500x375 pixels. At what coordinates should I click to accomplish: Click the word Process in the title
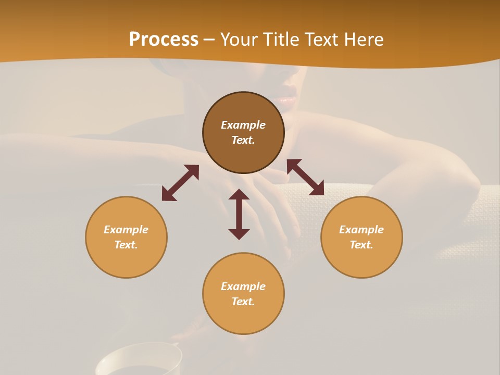[164, 40]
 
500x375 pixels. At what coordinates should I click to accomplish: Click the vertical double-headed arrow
[239, 215]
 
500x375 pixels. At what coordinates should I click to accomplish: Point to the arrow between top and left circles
[180, 183]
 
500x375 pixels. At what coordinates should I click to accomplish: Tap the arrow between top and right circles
[305, 177]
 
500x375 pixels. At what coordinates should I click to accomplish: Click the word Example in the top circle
[243, 125]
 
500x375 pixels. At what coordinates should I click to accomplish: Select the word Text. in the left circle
[126, 245]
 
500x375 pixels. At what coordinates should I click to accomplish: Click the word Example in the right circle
[361, 230]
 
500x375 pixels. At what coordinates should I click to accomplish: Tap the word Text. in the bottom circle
[243, 302]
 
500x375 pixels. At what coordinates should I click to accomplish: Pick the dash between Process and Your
[209, 40]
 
